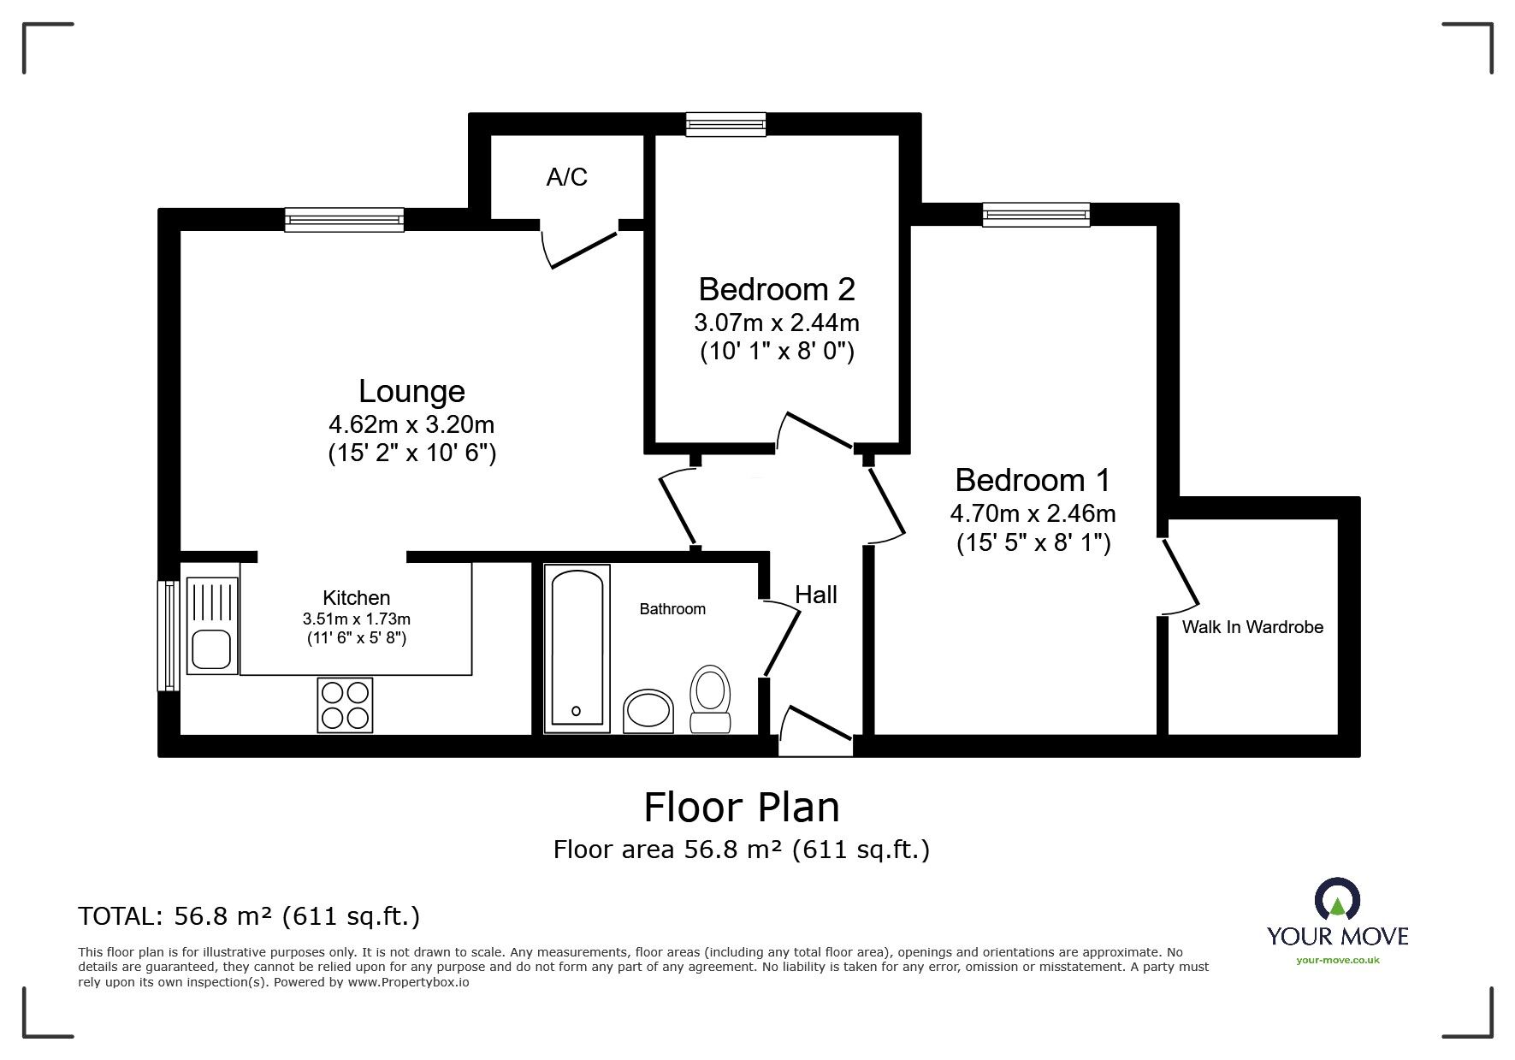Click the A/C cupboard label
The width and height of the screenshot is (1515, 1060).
coord(566,177)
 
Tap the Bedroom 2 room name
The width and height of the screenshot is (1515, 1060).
coord(776,289)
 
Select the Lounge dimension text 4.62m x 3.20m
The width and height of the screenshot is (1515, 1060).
coord(411,423)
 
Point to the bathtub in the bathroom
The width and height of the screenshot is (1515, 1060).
coord(577,648)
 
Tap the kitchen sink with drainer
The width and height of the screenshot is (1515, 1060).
coord(210,625)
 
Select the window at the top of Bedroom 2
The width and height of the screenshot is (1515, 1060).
coord(726,125)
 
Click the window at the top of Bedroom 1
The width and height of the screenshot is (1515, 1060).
coord(1036,215)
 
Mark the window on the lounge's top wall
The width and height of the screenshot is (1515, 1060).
coord(344,220)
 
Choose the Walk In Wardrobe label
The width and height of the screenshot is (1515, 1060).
coord(1252,627)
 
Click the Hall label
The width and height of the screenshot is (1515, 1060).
coord(815,595)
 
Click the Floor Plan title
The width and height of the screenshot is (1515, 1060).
coord(741,807)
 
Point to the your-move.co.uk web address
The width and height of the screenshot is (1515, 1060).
coord(1337,960)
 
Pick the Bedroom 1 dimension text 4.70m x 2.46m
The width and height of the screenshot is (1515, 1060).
coord(1033,513)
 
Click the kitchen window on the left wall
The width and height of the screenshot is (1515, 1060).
coord(169,635)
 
